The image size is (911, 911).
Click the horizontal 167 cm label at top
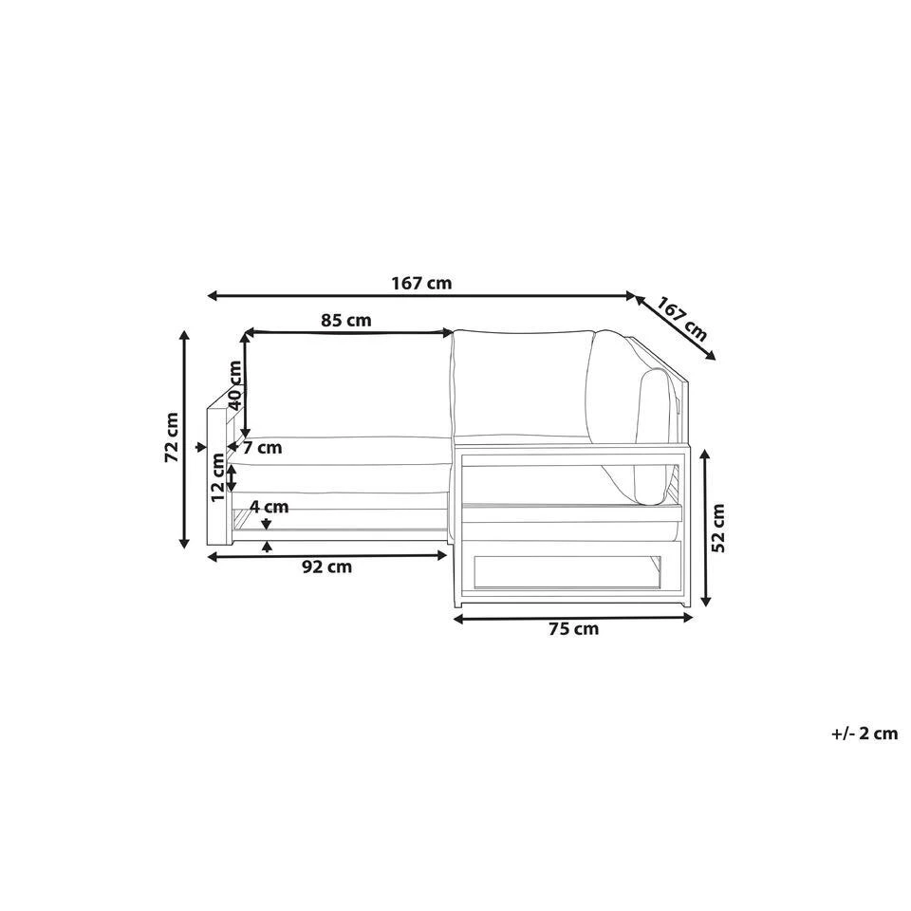(421, 284)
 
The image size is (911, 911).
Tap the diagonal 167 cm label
(681, 319)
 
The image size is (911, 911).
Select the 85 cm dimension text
(345, 320)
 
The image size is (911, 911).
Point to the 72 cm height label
(172, 437)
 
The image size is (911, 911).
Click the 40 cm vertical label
(234, 385)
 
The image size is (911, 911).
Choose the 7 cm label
(262, 447)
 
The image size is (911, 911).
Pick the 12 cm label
(217, 477)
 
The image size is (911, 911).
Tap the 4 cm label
(269, 507)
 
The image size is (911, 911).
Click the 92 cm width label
(327, 567)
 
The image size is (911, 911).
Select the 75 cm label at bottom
(573, 628)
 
